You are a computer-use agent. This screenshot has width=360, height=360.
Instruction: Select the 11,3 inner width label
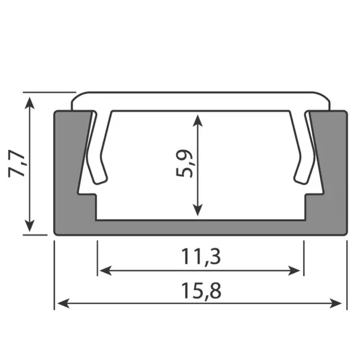pyautogui.click(x=200, y=256)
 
